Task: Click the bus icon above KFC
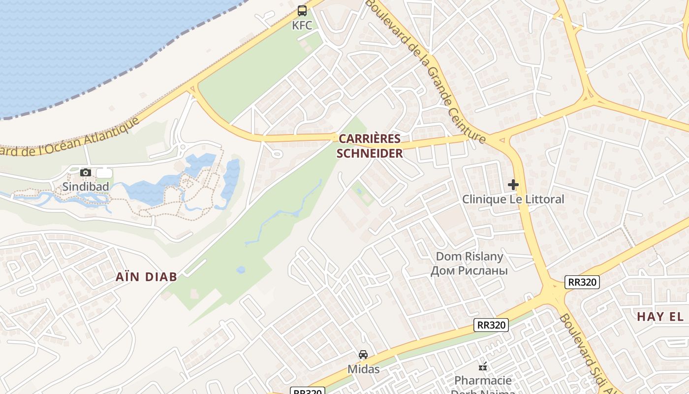point(302,10)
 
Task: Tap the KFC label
point(302,26)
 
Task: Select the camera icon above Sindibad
point(86,172)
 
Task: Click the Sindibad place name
point(86,187)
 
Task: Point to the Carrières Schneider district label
point(370,146)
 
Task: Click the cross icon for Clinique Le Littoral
point(513,185)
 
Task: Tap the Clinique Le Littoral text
point(513,199)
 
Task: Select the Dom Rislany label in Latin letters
point(470,257)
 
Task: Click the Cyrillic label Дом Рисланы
point(469,270)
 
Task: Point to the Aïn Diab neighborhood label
point(146,277)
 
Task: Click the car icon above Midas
point(363,355)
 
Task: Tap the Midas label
point(363,369)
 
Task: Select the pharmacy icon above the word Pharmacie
point(483,366)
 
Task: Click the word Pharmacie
point(483,380)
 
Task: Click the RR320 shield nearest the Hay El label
point(582,282)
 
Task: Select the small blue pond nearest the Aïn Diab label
point(241,270)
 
